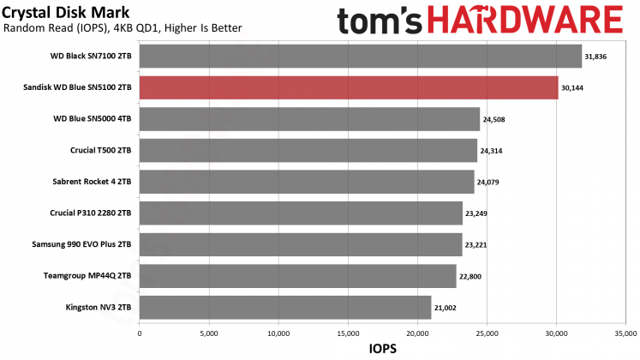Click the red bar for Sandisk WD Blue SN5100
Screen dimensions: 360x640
pyautogui.click(x=348, y=87)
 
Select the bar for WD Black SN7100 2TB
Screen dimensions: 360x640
pyautogui.click(x=360, y=56)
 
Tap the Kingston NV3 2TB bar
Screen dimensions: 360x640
pyautogui.click(x=284, y=308)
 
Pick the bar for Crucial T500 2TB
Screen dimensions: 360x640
pyautogui.click(x=308, y=150)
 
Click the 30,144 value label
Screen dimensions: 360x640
pyautogui.click(x=574, y=87)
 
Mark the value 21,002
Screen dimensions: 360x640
pyautogui.click(x=446, y=308)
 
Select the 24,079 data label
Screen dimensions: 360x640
pyautogui.click(x=490, y=182)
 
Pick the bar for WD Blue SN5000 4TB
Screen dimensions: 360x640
pyautogui.click(x=309, y=118)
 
